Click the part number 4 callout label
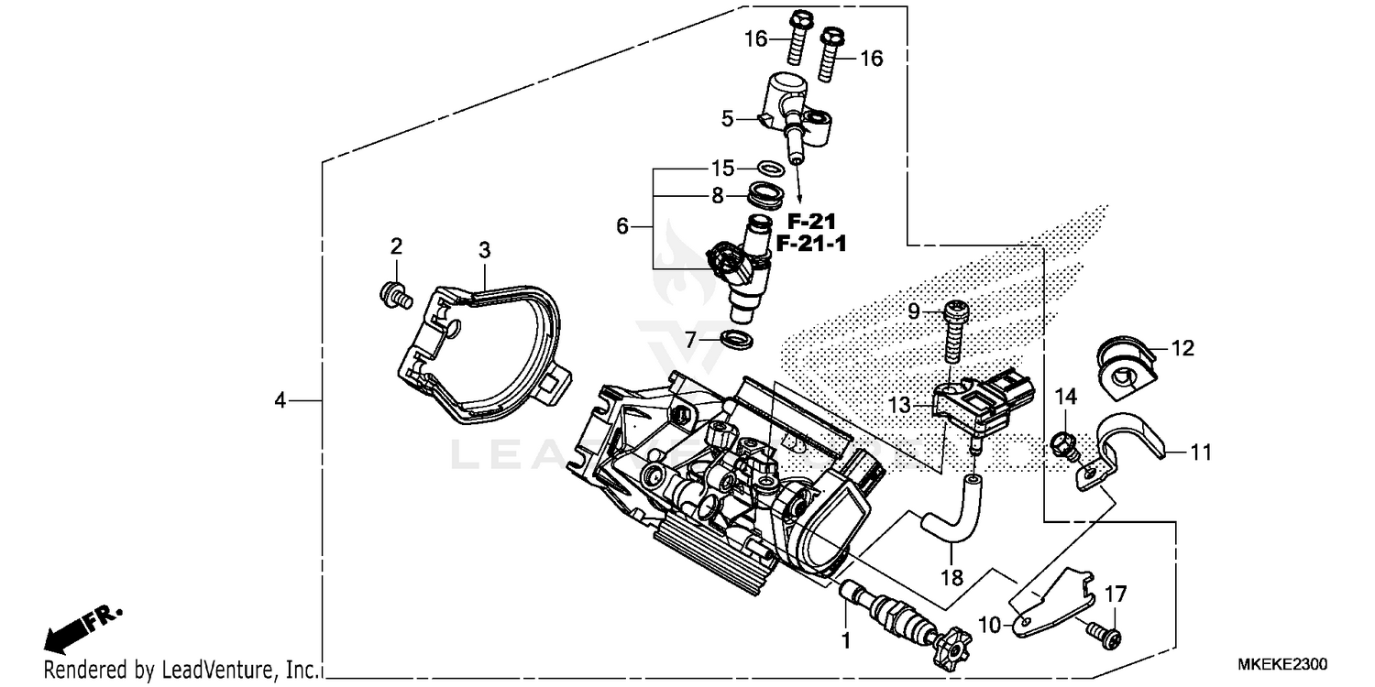(x=280, y=400)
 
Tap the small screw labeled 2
(x=395, y=295)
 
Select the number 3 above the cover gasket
(x=484, y=249)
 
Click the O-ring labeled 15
(x=772, y=169)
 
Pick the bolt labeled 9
(x=954, y=333)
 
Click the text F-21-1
(x=811, y=245)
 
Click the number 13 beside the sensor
(x=901, y=405)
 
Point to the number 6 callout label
(x=622, y=225)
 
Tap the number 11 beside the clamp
(x=1201, y=453)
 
